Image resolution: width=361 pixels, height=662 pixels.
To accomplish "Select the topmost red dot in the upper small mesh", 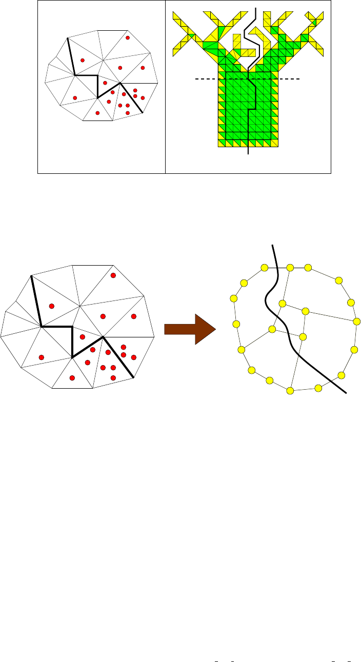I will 128,37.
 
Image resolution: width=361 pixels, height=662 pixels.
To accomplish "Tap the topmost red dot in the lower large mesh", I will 113,275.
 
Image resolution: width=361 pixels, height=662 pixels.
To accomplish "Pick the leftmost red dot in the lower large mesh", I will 42,357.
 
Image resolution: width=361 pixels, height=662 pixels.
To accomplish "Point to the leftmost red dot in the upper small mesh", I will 75,98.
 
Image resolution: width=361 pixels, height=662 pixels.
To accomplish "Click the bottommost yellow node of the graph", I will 290,391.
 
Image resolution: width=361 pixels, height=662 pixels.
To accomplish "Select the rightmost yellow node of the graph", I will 357,321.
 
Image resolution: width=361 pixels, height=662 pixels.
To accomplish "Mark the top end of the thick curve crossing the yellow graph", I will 272,245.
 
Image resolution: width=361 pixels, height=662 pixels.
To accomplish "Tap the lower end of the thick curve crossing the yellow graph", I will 347,393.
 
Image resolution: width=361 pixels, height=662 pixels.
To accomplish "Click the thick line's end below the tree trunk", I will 249,153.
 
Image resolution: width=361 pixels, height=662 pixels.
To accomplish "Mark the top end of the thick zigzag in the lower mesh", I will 31,276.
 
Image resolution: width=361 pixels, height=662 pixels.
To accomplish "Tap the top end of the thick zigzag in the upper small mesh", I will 67,37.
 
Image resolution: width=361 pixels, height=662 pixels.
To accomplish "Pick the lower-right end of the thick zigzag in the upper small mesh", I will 143,112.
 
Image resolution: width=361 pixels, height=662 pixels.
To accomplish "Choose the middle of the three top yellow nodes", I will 290,267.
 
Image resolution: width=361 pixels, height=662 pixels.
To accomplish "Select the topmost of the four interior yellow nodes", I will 282,304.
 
